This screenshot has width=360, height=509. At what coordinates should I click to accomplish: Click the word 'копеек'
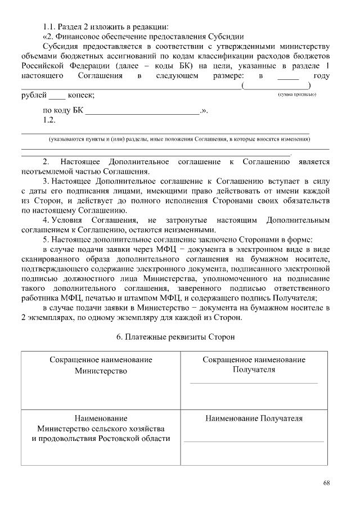point(80,96)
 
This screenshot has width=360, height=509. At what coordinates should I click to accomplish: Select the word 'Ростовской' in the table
point(127,438)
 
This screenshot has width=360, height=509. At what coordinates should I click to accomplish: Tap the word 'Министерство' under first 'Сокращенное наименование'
point(101,371)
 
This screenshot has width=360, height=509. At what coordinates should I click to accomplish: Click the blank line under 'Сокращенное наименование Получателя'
point(254,382)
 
